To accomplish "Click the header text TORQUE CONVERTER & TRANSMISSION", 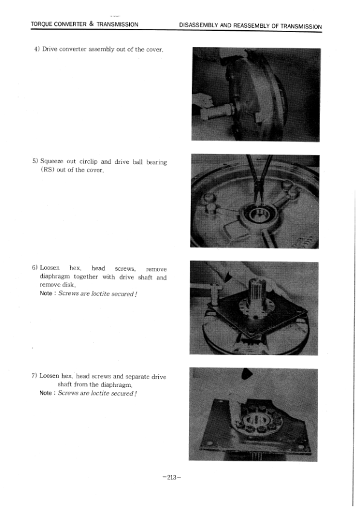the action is [x=85, y=25].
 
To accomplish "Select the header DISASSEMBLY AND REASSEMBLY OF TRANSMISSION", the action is [x=250, y=26].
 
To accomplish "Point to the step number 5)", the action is [x=35, y=162].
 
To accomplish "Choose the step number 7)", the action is [x=35, y=376].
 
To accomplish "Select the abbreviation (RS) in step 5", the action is [x=47, y=170].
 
